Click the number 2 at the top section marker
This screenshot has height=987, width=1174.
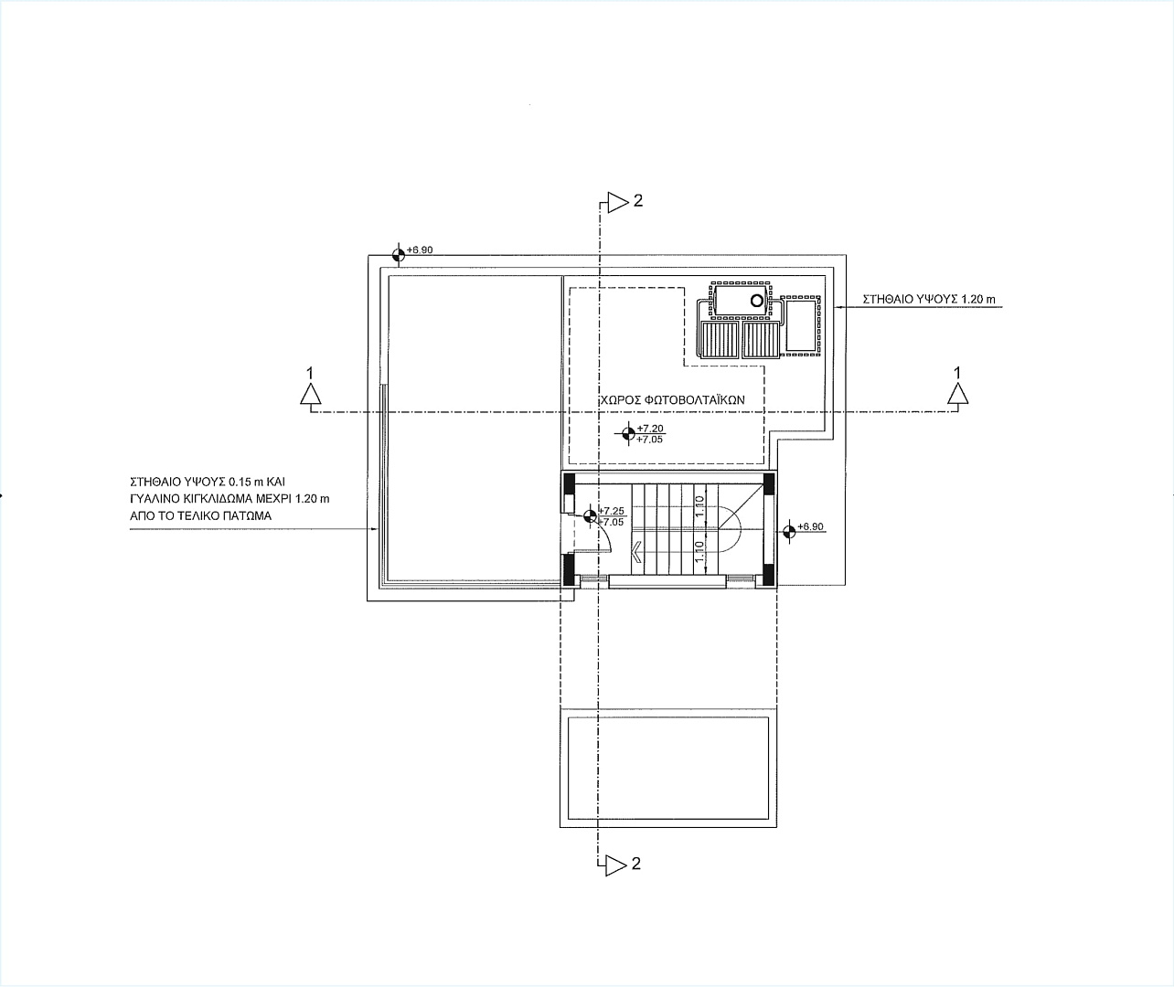637,201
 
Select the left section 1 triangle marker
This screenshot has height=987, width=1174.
310,394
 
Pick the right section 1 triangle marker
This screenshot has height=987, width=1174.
957,394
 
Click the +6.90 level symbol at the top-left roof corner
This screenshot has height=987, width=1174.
398,255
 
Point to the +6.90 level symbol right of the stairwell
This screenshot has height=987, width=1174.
789,531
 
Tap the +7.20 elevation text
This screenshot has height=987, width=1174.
650,429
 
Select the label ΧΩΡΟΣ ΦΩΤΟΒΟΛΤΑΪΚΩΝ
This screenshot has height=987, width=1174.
672,399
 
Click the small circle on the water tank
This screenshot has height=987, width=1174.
757,301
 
